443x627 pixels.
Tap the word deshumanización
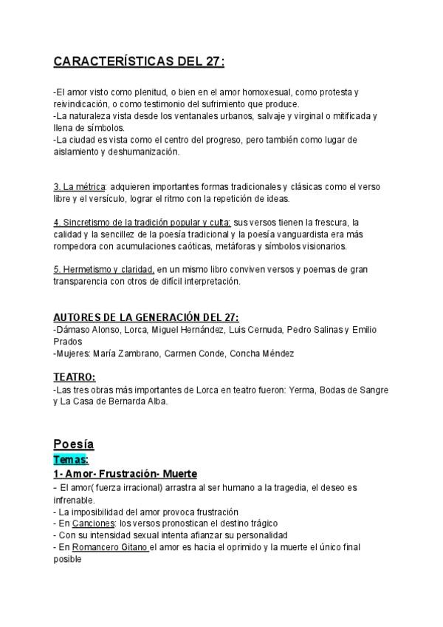[142, 152]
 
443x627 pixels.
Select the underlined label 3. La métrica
[80, 186]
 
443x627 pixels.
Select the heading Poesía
[74, 444]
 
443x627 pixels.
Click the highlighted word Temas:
[71, 459]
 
